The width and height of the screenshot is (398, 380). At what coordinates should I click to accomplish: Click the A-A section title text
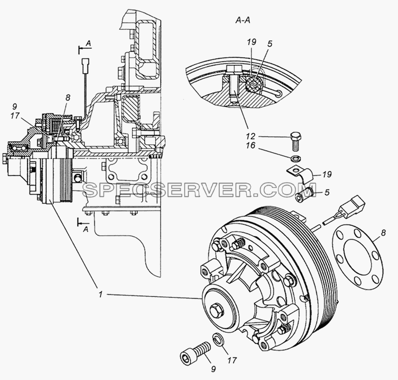(243, 20)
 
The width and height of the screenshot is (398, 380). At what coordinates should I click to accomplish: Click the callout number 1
(101, 294)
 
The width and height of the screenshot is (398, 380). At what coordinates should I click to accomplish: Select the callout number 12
(250, 137)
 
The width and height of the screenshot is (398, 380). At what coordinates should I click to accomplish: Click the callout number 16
(250, 146)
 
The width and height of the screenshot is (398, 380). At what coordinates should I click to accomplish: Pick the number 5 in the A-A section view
(270, 44)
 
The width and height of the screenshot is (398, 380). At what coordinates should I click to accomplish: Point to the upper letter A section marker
(88, 44)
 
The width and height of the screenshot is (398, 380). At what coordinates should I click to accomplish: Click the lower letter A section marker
(86, 229)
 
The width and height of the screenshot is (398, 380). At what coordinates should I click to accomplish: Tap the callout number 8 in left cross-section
(67, 98)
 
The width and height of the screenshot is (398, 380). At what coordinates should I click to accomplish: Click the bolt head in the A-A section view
(234, 69)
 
